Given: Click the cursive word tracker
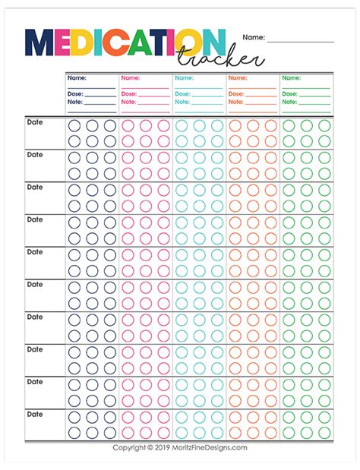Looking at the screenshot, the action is pos(220,59).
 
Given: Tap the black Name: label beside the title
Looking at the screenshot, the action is pos(254,36).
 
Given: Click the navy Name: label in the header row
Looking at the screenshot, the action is pos(77,77).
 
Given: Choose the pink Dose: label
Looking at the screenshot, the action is pos(128,93).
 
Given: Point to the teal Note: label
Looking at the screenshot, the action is pos(182,102).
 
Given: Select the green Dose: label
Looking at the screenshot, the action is pos(290,93).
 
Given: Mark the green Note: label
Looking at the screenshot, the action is pos(290,102).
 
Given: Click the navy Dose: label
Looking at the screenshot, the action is pos(74,93).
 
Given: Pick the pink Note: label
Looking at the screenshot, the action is pos(128,102).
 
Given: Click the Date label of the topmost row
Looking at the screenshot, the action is pos(36,121).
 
